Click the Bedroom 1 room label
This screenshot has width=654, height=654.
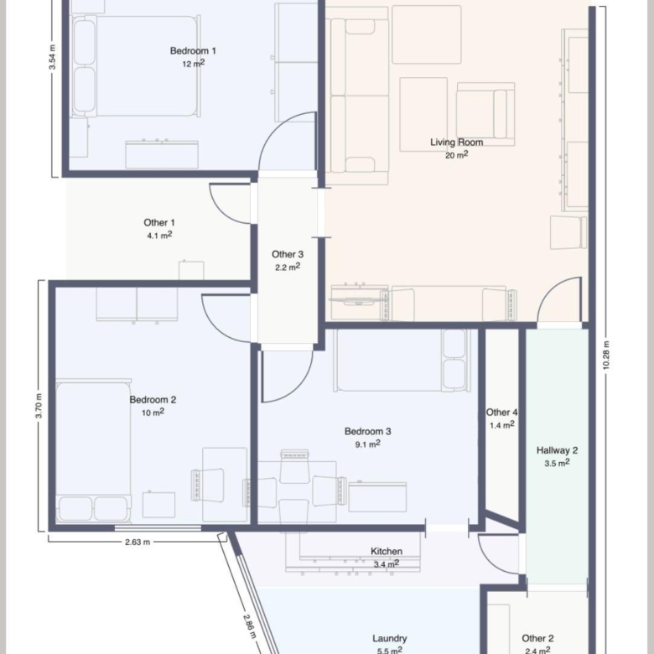193,51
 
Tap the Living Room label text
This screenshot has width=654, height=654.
456,143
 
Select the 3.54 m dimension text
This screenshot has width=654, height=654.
53,57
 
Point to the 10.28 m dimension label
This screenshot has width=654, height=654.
606,355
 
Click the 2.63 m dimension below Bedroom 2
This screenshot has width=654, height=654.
138,542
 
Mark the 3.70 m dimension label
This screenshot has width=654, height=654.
39,406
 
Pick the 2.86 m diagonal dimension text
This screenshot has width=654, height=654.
250,626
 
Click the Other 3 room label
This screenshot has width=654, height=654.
288,254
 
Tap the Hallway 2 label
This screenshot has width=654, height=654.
557,450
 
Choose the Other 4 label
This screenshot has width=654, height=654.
501,413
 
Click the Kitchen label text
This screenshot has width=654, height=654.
387,552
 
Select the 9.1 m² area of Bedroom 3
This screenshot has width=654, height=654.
367,444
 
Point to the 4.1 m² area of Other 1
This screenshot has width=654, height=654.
159,236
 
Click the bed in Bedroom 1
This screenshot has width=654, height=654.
136,66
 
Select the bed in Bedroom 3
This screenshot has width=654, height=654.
402,361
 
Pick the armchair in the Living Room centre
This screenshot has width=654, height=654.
485,111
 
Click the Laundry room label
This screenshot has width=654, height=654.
390,639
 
